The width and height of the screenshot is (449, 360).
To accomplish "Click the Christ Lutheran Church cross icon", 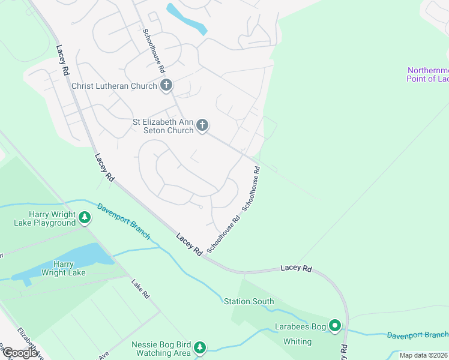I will point(166,86).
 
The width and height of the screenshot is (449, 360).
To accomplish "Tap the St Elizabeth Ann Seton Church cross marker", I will point(202,125).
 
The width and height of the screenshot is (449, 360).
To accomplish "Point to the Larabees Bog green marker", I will point(335,326).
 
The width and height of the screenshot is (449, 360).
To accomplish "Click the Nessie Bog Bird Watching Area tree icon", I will point(200,347).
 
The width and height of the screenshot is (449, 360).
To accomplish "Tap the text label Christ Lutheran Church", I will point(114,86).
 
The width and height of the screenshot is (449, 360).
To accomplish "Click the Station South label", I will point(249,301).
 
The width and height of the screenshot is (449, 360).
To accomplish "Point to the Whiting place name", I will point(297,342).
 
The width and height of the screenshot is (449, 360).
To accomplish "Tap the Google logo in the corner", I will point(20,353).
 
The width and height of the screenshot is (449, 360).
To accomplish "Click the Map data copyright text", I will point(423,355).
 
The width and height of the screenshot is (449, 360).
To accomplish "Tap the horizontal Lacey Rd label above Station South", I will point(297,268).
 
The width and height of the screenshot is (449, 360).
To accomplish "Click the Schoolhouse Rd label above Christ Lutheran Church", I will point(154,51).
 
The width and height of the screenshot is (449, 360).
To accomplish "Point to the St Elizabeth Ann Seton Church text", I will point(163,125).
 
